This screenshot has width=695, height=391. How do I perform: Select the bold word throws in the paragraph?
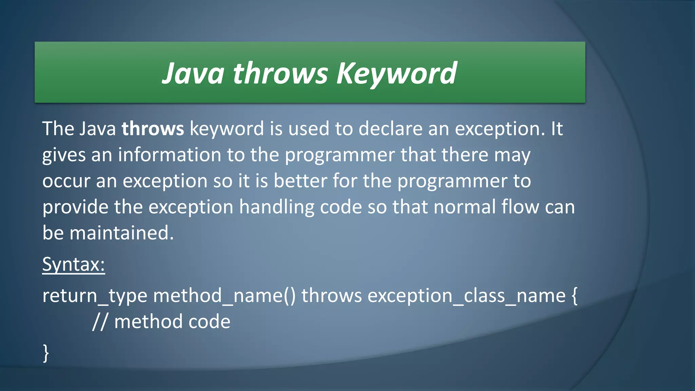pyautogui.click(x=153, y=129)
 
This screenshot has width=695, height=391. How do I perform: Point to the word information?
pyautogui.click(x=169, y=155)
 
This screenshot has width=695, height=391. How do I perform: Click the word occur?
pyautogui.click(x=66, y=181)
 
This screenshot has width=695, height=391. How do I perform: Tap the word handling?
pyautogui.click(x=277, y=207)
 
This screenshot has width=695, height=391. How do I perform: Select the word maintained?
pyautogui.click(x=121, y=234)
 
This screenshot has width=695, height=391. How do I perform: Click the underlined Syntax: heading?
pyautogui.click(x=74, y=264)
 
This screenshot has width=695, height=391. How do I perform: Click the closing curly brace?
pyautogui.click(x=46, y=353)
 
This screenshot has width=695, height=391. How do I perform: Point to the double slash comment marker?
pyautogui.click(x=100, y=322)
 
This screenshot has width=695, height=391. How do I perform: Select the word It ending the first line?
pyautogui.click(x=557, y=129)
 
